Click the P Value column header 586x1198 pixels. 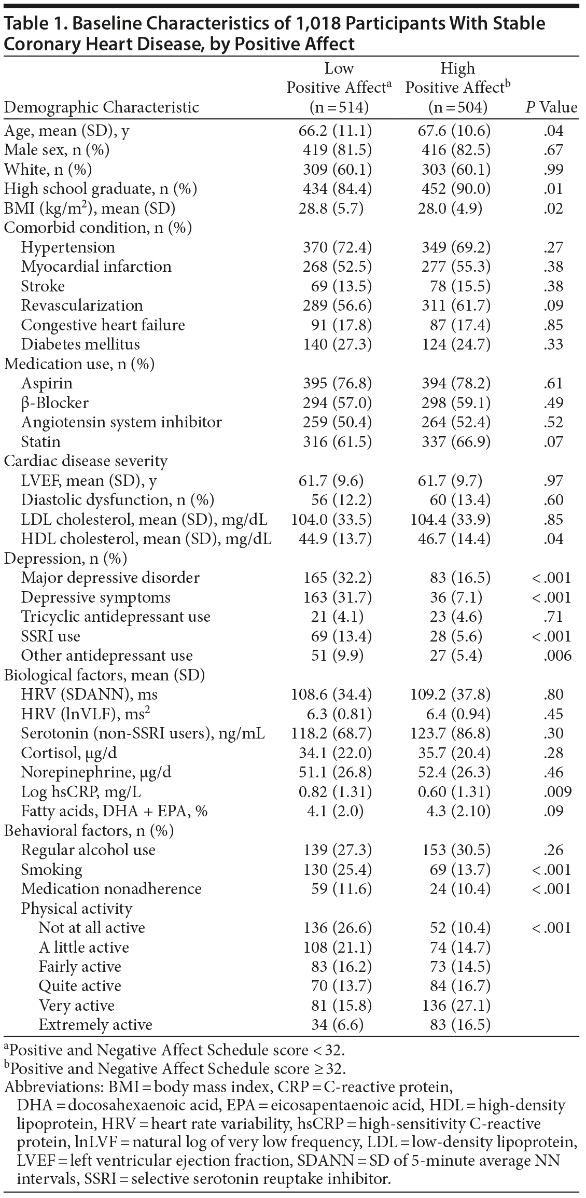(551, 107)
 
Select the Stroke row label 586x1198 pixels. (43, 286)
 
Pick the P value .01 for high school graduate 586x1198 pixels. (554, 189)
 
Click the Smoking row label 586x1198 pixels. (51, 870)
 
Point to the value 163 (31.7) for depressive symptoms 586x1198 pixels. (338, 597)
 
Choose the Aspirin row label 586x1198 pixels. (47, 384)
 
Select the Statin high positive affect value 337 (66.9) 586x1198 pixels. (456, 442)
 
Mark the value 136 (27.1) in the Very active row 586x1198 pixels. (456, 1006)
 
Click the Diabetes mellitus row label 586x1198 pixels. (80, 344)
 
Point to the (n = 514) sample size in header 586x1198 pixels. (339, 107)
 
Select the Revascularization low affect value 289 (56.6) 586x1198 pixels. (338, 305)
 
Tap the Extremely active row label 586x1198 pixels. (95, 1025)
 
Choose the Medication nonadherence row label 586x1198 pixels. (111, 889)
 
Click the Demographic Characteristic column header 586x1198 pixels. (102, 107)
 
